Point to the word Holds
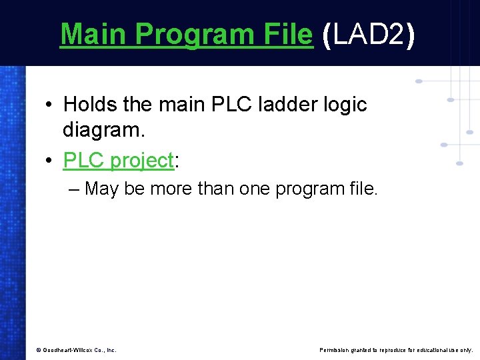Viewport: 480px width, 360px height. click(90, 105)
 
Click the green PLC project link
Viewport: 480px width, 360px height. click(118, 161)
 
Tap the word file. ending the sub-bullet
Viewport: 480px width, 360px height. click(361, 189)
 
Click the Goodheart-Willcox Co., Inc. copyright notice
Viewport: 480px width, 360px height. click(76, 349)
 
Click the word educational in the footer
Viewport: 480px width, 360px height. click(435, 349)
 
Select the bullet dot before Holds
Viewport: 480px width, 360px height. click(50, 105)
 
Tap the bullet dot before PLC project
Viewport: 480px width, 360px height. click(50, 161)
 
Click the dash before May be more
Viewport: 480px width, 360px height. click(73, 189)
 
